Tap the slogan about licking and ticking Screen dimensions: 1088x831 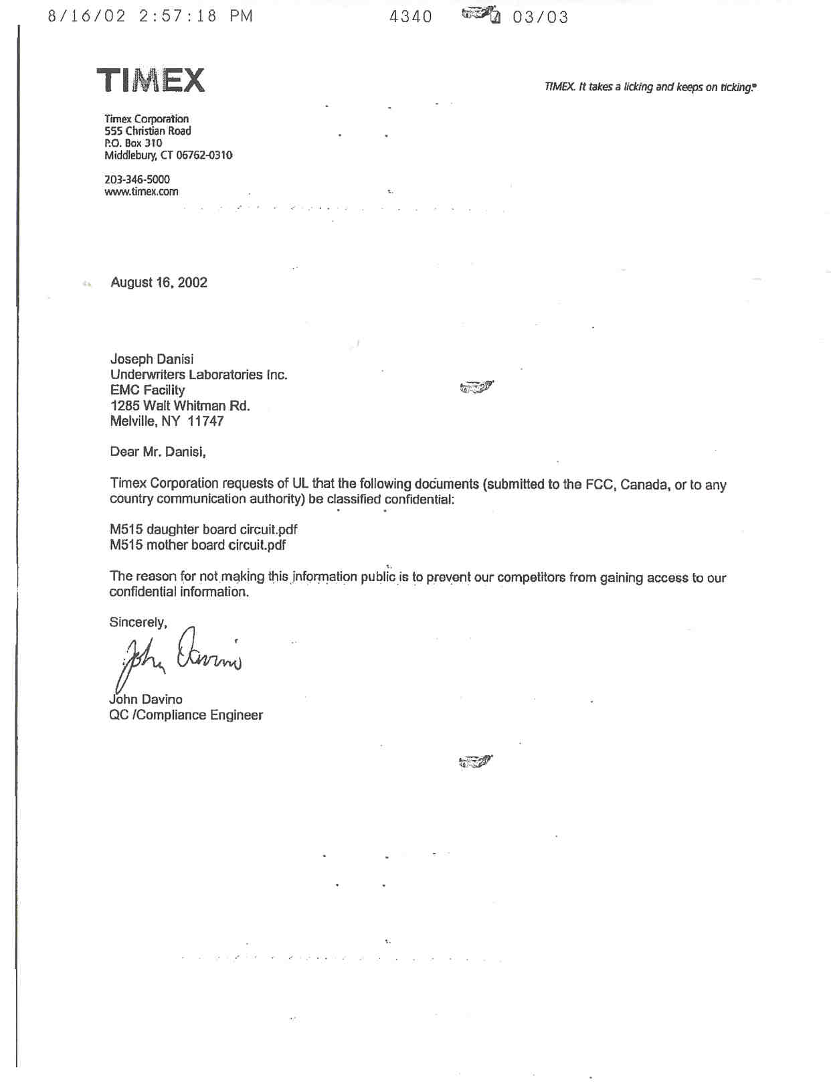[650, 87]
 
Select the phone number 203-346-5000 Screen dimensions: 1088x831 [137, 179]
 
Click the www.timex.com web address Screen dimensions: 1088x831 [141, 191]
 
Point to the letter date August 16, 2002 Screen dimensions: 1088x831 [159, 283]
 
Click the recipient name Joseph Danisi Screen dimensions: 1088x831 [152, 360]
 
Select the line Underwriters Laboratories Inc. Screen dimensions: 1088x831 [199, 375]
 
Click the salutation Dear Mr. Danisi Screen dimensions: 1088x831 [158, 452]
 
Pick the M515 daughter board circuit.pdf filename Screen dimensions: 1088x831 [203, 530]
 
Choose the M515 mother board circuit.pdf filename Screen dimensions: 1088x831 [197, 545]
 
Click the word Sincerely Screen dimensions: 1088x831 [138, 623]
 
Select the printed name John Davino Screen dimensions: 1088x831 [146, 700]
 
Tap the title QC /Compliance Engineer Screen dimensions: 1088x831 [186, 715]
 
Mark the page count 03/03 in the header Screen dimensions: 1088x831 [541, 17]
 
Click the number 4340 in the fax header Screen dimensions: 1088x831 [411, 17]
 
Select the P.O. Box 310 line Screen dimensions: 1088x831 [133, 143]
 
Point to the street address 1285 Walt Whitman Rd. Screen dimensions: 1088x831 [180, 406]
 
